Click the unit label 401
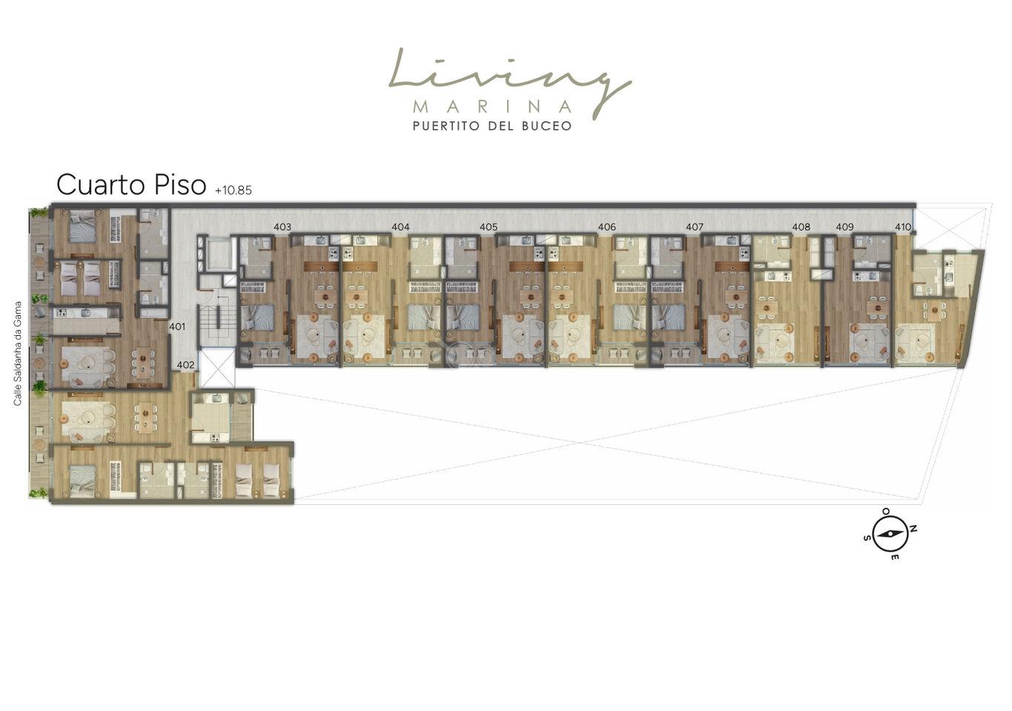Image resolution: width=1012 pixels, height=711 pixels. [x=177, y=327]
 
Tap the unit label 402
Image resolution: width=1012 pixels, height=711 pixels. [x=185, y=365]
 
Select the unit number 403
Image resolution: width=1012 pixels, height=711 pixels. [x=282, y=227]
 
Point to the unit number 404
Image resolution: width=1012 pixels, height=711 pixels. [x=401, y=227]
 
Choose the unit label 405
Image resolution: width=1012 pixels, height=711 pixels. [x=489, y=227]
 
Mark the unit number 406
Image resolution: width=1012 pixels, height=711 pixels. [x=606, y=227]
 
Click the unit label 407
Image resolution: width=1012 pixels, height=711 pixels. [x=695, y=227]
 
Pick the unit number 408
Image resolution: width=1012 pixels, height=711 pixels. [x=801, y=227]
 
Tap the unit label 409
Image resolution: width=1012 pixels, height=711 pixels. [x=844, y=227]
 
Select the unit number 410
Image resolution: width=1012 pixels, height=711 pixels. [x=903, y=227]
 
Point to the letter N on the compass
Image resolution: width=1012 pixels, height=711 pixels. [x=913, y=529]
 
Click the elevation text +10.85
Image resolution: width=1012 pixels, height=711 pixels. [x=234, y=191]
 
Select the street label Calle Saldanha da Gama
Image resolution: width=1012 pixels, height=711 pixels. [x=18, y=354]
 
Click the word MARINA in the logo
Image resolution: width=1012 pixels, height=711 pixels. [x=492, y=107]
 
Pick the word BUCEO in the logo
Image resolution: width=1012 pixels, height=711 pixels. [x=546, y=125]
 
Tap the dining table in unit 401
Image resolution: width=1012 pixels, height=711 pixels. [x=143, y=362]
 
